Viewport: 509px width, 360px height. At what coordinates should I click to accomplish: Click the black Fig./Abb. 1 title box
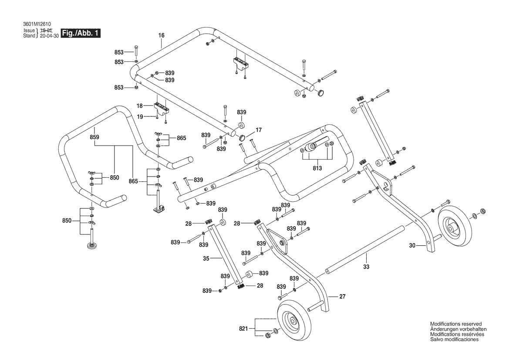(x=81, y=34)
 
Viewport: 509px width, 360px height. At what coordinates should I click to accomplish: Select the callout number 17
(x=258, y=130)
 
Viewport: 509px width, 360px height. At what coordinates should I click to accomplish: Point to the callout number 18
(x=140, y=106)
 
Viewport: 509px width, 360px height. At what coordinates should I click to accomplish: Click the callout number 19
(x=140, y=116)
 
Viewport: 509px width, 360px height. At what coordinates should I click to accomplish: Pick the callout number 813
(x=317, y=168)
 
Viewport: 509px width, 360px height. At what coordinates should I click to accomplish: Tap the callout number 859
(x=94, y=137)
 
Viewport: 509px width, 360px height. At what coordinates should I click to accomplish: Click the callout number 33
(x=366, y=266)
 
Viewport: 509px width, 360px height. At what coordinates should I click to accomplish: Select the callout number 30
(x=412, y=246)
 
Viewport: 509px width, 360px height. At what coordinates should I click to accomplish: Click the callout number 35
(x=206, y=258)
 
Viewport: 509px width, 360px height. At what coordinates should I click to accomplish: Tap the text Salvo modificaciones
(x=454, y=339)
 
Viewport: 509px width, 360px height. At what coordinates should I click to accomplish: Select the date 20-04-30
(x=49, y=36)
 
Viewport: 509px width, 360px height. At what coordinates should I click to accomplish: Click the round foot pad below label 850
(x=92, y=247)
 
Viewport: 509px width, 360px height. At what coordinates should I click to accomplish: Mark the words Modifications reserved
(x=455, y=324)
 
